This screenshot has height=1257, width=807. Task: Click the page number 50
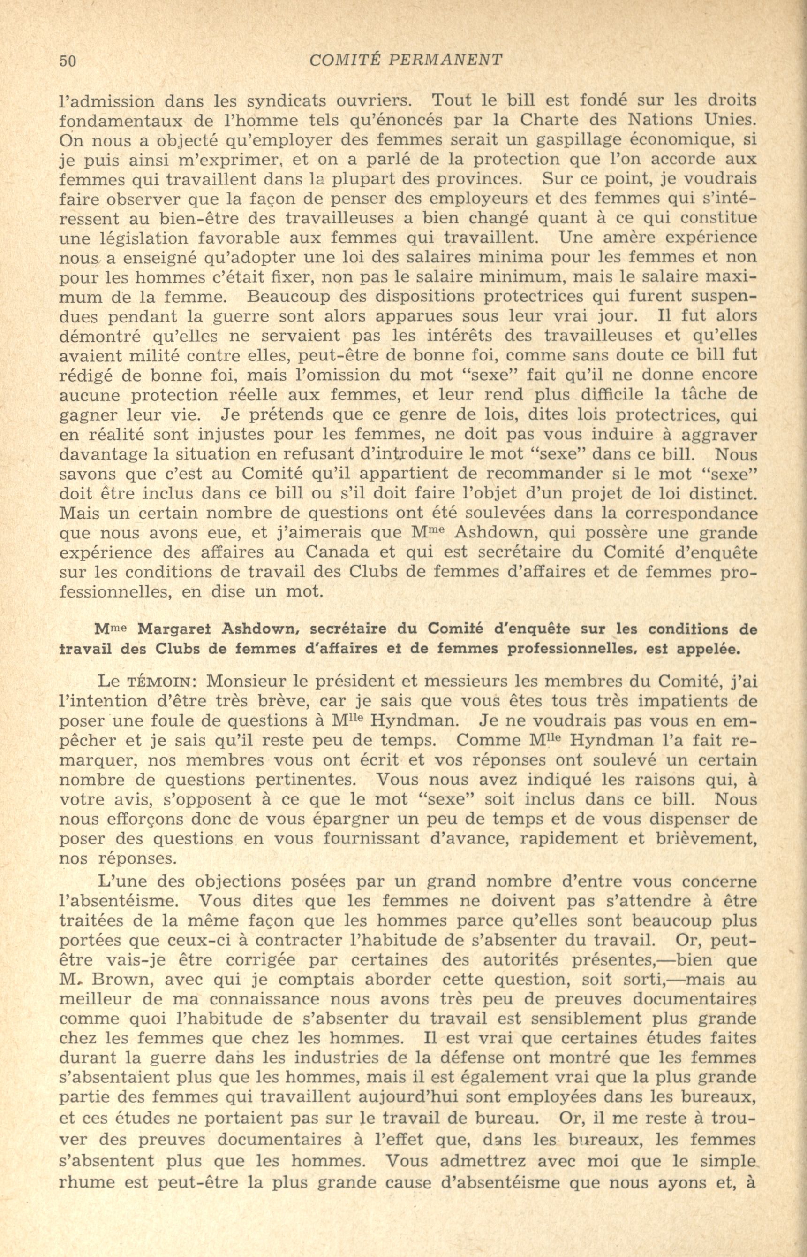click(x=68, y=61)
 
